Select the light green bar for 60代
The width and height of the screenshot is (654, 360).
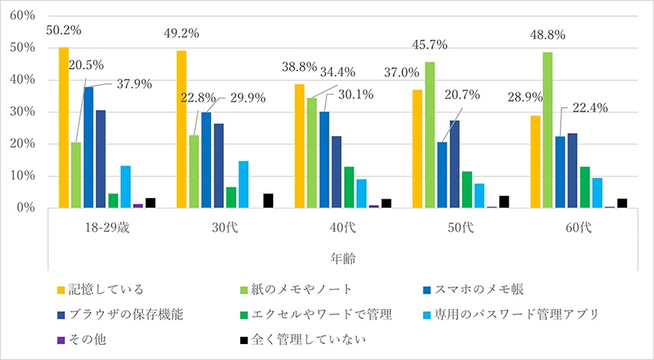[x=548, y=130]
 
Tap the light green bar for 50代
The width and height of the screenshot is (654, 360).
[x=430, y=135]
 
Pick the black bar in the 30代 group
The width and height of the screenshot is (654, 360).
[x=268, y=201]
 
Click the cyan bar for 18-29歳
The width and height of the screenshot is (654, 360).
[x=125, y=186]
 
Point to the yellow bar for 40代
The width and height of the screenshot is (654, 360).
[x=299, y=146]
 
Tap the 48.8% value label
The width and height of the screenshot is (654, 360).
[x=548, y=35]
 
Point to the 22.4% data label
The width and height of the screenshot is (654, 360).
[x=590, y=108]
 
